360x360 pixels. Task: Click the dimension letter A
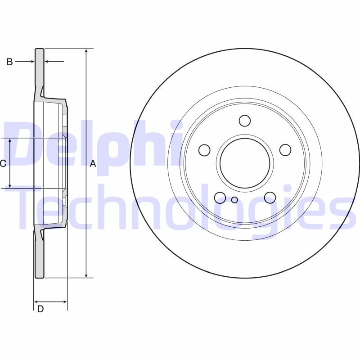(93, 164)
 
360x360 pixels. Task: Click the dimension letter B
(9, 62)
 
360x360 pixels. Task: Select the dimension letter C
(3, 164)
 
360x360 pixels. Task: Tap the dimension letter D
(40, 309)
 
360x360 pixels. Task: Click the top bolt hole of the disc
(245, 121)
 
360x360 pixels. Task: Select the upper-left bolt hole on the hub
(205, 149)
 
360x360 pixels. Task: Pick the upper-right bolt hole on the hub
(285, 149)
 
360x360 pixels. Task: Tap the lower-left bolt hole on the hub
(220, 197)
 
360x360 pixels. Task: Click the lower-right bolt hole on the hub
(270, 197)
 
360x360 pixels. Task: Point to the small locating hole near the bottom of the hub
(234, 200)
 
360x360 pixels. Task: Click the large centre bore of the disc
(245, 163)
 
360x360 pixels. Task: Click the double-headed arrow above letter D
(50, 301)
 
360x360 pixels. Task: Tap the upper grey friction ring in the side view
(40, 67)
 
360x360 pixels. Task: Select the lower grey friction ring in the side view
(40, 256)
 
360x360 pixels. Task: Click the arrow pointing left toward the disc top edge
(55, 61)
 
